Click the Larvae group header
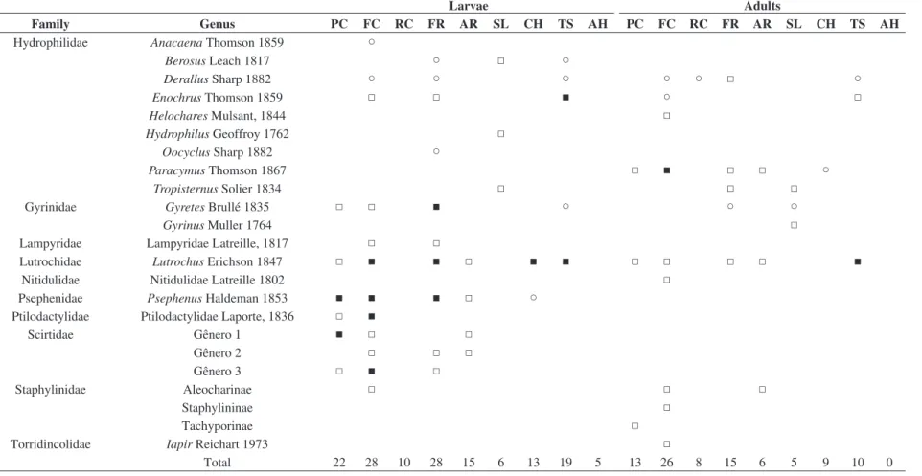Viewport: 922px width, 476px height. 469,6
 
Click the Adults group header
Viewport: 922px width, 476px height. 762,6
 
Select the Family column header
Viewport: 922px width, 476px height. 51,24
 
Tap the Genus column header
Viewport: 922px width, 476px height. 217,24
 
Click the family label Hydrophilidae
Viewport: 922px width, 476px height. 51,43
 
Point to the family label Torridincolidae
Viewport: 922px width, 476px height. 51,444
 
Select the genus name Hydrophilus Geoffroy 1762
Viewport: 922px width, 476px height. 218,134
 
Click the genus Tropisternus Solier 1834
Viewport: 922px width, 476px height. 217,189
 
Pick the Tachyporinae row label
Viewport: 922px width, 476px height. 217,426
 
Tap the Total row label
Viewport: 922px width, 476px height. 217,463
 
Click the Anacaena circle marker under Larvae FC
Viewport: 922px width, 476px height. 371,42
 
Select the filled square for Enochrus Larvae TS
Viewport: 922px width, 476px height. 565,98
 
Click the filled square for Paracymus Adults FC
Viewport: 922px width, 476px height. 667,170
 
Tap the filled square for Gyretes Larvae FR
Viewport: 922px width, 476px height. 436,207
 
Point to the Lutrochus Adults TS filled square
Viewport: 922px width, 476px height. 858,261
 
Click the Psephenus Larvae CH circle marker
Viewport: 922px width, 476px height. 533,298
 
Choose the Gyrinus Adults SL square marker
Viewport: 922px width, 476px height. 794,225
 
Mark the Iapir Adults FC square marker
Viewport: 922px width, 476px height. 667,444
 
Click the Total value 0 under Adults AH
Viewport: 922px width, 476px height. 889,463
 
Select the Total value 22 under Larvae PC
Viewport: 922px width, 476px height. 339,463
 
